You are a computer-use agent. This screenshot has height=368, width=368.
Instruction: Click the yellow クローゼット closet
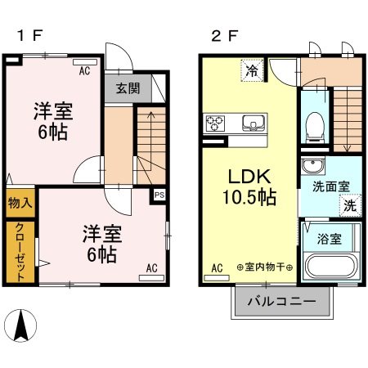[20, 249]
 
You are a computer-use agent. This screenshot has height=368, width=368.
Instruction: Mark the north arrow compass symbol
[22, 328]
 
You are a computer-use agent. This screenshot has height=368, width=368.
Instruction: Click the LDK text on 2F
[245, 178]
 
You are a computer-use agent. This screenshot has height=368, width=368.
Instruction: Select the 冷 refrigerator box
[253, 71]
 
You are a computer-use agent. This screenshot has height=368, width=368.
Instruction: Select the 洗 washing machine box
[349, 206]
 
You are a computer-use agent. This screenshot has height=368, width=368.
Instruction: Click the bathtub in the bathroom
[330, 267]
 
